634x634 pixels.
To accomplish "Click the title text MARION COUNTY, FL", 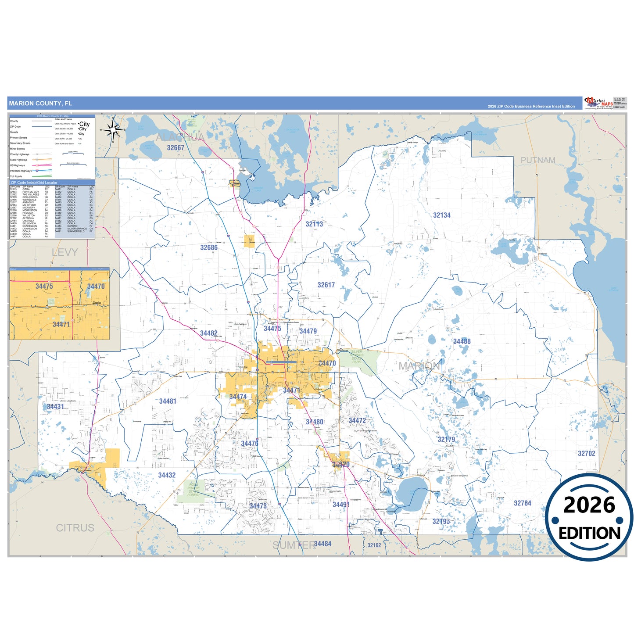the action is point(40,104).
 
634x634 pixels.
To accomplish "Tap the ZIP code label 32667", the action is point(176,148).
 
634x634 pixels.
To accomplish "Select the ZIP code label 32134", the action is point(441,215).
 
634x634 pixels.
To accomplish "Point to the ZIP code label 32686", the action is point(209,247).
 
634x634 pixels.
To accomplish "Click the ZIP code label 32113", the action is point(314,224).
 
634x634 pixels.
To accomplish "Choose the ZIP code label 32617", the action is point(326,285).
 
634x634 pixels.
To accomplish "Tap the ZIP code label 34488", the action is point(462,341).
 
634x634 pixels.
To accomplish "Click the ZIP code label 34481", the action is point(168,401).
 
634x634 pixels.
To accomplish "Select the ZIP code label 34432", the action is point(167,475).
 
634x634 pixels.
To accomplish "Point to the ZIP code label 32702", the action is point(586,453).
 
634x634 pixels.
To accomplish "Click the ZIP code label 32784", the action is point(522,503).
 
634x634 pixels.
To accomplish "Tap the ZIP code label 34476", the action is point(250,444).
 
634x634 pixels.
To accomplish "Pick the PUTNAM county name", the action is point(537,160).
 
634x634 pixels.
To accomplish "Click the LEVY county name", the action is point(64,252).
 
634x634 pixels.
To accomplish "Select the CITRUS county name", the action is point(75,528).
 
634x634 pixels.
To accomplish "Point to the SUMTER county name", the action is point(294,545).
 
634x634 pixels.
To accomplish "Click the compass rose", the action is point(113,130).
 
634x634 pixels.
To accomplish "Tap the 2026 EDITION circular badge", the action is point(589,518).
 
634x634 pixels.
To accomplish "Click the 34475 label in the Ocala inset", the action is point(44,286).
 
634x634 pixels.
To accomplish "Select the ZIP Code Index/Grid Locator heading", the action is point(34,183).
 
